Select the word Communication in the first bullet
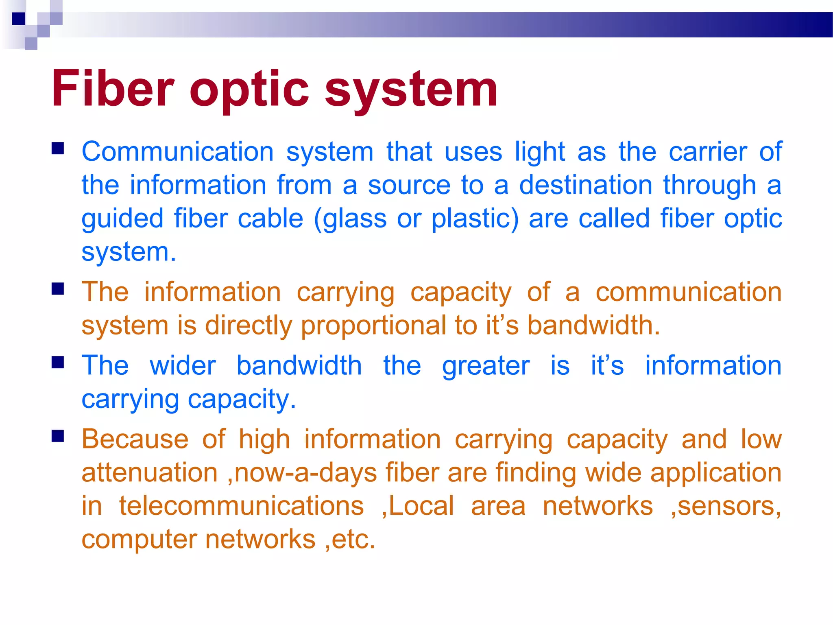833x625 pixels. point(178,152)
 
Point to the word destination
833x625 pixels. point(586,185)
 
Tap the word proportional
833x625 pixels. point(373,326)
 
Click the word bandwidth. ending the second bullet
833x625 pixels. point(593,326)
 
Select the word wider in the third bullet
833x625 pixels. point(183,365)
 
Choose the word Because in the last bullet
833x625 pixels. point(135,439)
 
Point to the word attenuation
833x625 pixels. point(149,473)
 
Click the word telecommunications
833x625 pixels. point(241,506)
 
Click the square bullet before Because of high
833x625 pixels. point(58,436)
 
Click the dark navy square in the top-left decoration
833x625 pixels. point(18,19)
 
